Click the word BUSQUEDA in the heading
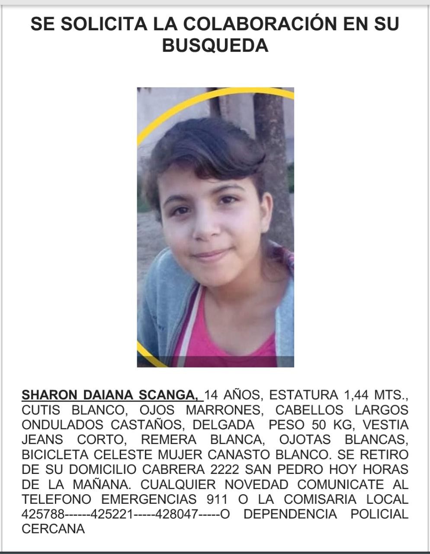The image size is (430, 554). pyautogui.click(x=215, y=45)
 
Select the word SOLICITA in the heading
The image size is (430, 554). pyautogui.click(x=104, y=24)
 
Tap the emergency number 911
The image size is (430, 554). pyautogui.click(x=217, y=499)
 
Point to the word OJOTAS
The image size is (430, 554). pyautogui.click(x=305, y=440)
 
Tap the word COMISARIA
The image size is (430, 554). pyautogui.click(x=321, y=499)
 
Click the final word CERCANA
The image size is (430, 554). pyautogui.click(x=53, y=529)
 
